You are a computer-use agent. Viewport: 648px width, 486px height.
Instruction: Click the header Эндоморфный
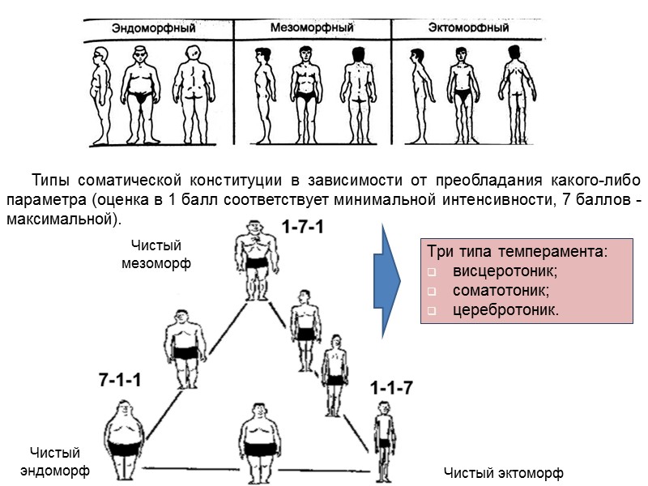pyautogui.click(x=154, y=28)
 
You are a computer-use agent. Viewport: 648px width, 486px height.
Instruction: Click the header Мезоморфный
pyautogui.click(x=311, y=28)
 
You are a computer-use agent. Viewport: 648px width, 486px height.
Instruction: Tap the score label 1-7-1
pyautogui.click(x=303, y=228)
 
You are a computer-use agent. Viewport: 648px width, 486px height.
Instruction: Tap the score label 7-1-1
pyautogui.click(x=120, y=378)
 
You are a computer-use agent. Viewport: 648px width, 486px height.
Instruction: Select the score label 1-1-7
pyautogui.click(x=392, y=388)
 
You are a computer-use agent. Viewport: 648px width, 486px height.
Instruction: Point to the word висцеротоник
pyautogui.click(x=497, y=270)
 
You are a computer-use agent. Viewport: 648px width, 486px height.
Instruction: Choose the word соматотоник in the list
pyautogui.click(x=494, y=289)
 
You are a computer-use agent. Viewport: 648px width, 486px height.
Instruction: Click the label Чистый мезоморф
pyautogui.click(x=156, y=254)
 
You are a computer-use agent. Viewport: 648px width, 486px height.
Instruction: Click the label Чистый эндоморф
pyautogui.click(x=54, y=461)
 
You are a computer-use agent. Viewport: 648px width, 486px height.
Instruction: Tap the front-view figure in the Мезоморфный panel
pyautogui.click(x=305, y=93)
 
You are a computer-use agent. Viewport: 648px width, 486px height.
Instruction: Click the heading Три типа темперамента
pyautogui.click(x=517, y=250)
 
